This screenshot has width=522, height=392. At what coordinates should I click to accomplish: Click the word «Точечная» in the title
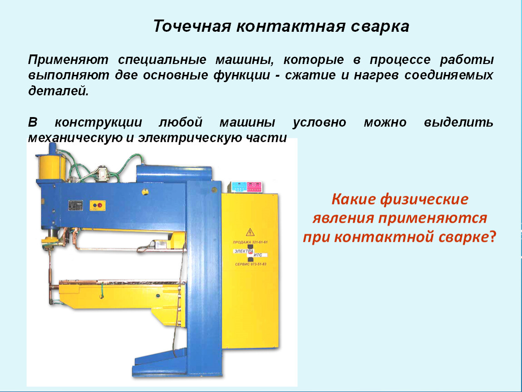[192, 26]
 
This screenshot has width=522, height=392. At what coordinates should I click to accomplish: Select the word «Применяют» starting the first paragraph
[68, 60]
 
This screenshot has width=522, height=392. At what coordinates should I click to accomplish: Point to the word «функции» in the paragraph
[241, 75]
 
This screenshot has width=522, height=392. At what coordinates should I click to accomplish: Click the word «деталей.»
[59, 91]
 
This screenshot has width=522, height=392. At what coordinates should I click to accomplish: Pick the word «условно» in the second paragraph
[319, 122]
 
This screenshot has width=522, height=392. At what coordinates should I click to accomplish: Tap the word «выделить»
[458, 122]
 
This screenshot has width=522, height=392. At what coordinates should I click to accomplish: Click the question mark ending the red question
[492, 237]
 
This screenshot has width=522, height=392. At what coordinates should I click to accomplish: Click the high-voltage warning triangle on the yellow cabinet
[250, 232]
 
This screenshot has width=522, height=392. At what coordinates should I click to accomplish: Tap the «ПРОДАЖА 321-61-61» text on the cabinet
[250, 242]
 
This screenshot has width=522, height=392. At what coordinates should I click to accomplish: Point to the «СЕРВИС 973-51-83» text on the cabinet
[251, 264]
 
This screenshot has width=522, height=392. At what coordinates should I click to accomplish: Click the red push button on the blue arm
[100, 205]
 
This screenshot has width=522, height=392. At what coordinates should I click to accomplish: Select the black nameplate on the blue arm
[75, 206]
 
